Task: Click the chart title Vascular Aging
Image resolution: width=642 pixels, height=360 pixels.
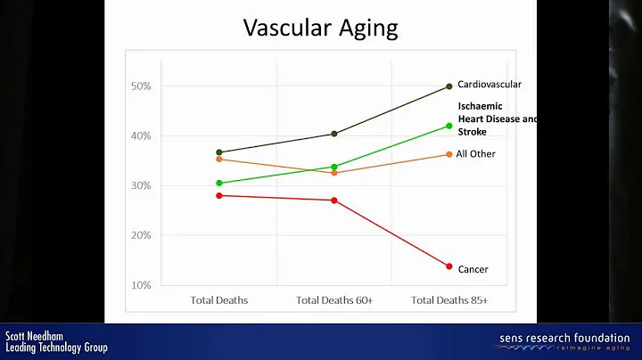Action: pyautogui.click(x=320, y=29)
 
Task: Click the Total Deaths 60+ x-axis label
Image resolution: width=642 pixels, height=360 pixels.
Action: pyautogui.click(x=334, y=300)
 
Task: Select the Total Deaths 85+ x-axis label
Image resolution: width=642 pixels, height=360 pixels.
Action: pyautogui.click(x=449, y=300)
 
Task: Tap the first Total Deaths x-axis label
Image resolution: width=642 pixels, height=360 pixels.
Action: pyautogui.click(x=219, y=300)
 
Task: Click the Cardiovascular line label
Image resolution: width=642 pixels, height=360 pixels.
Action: pyautogui.click(x=490, y=85)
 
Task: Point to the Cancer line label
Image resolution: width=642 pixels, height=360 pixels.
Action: pyautogui.click(x=473, y=269)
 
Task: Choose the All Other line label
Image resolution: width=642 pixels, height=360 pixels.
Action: pyautogui.click(x=475, y=154)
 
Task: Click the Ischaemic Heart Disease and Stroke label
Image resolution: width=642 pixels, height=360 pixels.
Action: pyautogui.click(x=496, y=119)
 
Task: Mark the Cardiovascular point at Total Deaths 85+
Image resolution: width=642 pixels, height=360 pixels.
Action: pyautogui.click(x=449, y=86)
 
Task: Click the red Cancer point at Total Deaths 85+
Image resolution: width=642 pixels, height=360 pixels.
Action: pyautogui.click(x=449, y=266)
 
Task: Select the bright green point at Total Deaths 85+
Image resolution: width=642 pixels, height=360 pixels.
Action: pyautogui.click(x=449, y=126)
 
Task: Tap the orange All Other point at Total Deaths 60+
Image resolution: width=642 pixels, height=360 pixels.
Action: pyautogui.click(x=334, y=173)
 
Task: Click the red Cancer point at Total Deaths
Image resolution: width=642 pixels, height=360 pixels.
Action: pyautogui.click(x=219, y=195)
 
